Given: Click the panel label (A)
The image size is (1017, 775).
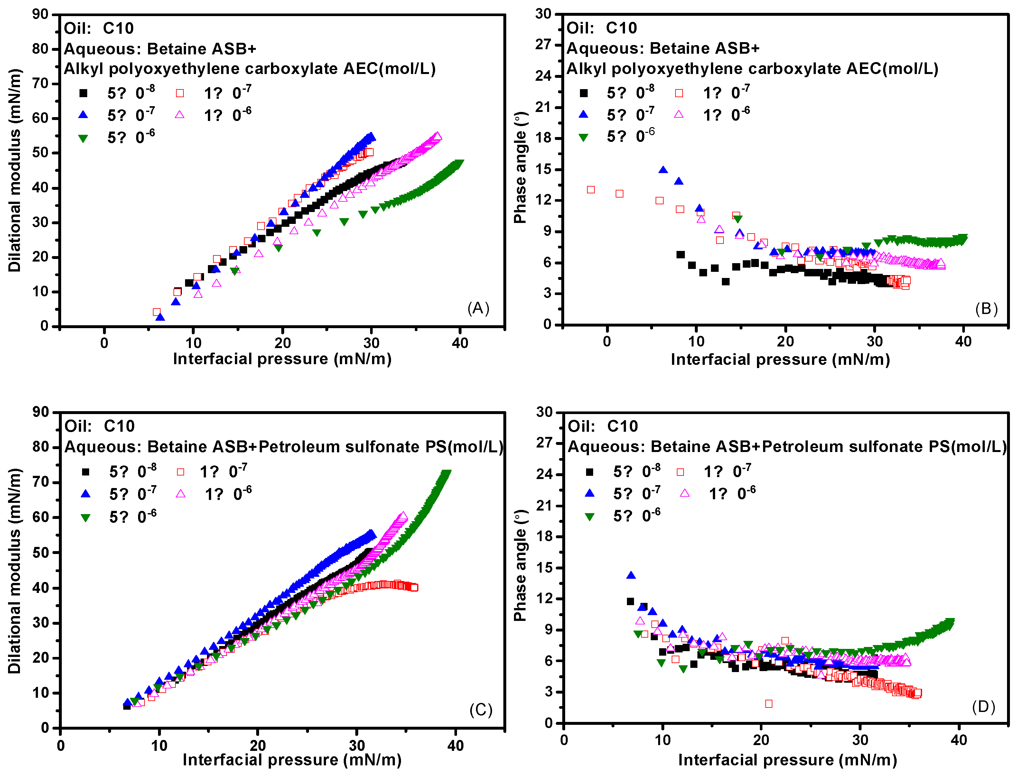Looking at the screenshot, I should (478, 308).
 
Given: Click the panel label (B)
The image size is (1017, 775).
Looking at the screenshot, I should (986, 309).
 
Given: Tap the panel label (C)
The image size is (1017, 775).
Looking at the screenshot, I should (481, 709).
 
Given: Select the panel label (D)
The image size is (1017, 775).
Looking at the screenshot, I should (983, 707).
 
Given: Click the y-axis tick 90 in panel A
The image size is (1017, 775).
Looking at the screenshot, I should (41, 14).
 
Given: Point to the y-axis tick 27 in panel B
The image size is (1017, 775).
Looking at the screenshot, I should (543, 44).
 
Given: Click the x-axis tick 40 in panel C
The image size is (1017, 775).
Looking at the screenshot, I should (455, 745).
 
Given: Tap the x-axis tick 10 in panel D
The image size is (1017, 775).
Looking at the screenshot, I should (663, 740).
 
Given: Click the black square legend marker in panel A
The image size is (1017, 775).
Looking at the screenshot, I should (84, 93).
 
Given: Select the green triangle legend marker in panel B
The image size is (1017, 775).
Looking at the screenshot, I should (584, 137).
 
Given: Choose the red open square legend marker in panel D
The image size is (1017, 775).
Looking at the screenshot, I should (680, 472).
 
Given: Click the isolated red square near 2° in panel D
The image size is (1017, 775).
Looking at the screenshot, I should (769, 704).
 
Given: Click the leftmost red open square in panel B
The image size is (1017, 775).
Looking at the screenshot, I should (591, 189).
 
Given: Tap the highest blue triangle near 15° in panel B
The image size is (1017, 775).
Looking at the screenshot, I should (663, 170).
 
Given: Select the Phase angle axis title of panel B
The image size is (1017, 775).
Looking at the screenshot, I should (520, 168).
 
